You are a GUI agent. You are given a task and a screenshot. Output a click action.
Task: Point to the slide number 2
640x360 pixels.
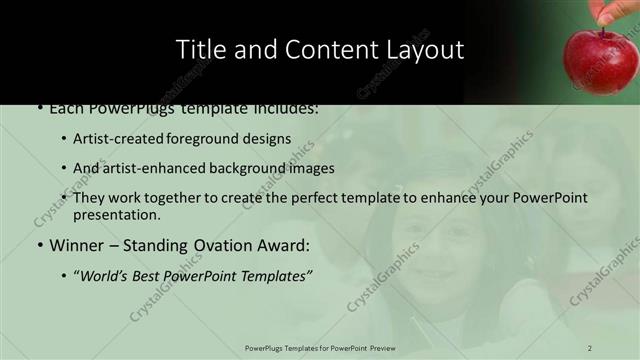(x=591, y=347)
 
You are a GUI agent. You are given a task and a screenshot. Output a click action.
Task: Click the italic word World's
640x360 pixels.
(x=106, y=275)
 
